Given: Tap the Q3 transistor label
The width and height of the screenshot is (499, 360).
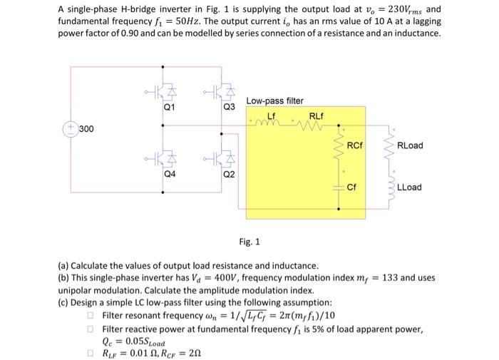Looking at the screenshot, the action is coord(228,108).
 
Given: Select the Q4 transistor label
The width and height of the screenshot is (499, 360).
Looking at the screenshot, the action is coord(169,173).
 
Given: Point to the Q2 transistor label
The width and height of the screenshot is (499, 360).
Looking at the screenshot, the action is coord(228,173).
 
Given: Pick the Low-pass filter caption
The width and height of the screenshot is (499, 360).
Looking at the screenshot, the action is coord(274,101).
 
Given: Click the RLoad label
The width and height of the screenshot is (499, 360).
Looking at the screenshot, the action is coord(410,145).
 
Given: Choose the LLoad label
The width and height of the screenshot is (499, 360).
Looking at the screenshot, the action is coord(409,187).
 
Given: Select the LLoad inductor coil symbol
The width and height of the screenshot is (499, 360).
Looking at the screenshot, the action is coord(390,187).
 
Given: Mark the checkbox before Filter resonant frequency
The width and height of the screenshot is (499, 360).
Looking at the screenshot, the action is coord(91,315).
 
